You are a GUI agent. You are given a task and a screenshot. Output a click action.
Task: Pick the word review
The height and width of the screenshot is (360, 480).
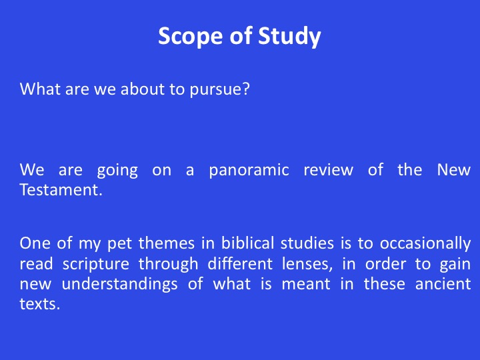pos(328,170)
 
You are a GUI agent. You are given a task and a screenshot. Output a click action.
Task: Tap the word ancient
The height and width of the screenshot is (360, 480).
pos(443,284)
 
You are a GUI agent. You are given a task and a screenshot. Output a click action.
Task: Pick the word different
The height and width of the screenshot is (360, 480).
pos(240,263)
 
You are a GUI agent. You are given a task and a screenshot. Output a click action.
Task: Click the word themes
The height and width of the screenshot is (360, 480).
pos(166,243)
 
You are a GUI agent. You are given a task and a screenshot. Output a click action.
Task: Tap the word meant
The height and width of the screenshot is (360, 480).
pos(306,285)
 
